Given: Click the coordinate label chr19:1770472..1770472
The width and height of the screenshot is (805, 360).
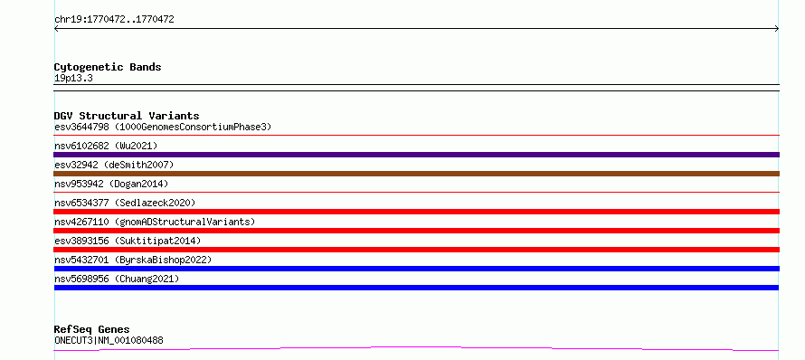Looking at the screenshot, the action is pyautogui.click(x=114, y=20).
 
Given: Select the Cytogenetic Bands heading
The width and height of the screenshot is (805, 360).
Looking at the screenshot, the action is pyautogui.click(x=108, y=67).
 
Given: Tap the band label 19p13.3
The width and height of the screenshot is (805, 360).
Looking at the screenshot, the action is pyautogui.click(x=73, y=79).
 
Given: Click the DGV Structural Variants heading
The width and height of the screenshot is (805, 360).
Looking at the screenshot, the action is pyautogui.click(x=127, y=116).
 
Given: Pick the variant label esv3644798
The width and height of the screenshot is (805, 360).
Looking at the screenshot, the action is pyautogui.click(x=81, y=127).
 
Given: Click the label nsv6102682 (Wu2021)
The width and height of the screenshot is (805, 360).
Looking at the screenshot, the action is pyautogui.click(x=106, y=146).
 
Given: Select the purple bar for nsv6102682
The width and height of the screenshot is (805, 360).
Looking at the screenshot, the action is pyautogui.click(x=416, y=155).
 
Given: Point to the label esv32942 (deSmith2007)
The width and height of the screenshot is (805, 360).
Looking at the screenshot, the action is pyautogui.click(x=114, y=165).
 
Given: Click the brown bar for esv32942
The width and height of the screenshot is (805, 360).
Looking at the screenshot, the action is pyautogui.click(x=416, y=174).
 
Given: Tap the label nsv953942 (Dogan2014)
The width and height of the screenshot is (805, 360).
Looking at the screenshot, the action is pyautogui.click(x=111, y=184).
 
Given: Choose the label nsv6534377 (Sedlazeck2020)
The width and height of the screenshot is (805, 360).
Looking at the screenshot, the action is pyautogui.click(x=125, y=203).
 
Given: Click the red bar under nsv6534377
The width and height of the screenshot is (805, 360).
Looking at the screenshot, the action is pyautogui.click(x=416, y=212).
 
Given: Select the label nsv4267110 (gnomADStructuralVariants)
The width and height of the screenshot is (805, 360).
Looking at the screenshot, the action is pyautogui.click(x=155, y=222).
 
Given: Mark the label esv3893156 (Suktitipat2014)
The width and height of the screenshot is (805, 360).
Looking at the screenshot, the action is pyautogui.click(x=128, y=241).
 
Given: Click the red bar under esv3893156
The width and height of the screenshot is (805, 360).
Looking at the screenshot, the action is pyautogui.click(x=416, y=250).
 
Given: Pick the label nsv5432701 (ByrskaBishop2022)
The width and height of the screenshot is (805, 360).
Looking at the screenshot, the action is pyautogui.click(x=133, y=260).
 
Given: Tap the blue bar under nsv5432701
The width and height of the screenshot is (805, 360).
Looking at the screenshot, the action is pyautogui.click(x=416, y=269).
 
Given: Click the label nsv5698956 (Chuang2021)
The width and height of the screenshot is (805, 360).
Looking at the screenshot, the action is pyautogui.click(x=117, y=279).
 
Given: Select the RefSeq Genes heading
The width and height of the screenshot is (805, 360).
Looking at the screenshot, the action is pyautogui.click(x=92, y=329).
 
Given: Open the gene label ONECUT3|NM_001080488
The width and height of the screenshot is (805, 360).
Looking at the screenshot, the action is pyautogui.click(x=109, y=340).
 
